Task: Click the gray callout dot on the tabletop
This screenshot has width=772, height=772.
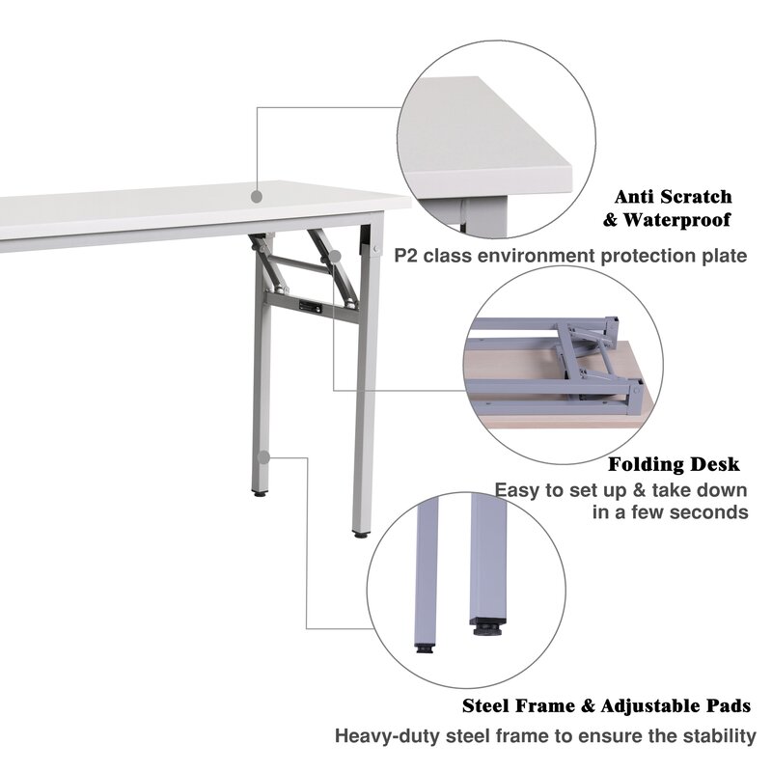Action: pos(257,197)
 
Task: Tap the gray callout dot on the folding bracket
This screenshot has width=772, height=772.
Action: pos(334,257)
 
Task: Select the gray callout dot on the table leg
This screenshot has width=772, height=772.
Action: pos(264,457)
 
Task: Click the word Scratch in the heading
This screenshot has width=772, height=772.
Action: pos(696,197)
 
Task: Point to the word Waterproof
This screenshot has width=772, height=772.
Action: pos(676,220)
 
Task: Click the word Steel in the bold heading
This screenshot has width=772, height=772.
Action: pos(488,706)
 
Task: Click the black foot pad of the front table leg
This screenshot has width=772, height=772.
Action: pos(360,534)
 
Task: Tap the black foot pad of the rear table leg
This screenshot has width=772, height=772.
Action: pos(260,492)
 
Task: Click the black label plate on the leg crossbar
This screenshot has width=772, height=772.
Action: pos(309,306)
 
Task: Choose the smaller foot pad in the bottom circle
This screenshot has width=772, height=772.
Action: pos(424,648)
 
